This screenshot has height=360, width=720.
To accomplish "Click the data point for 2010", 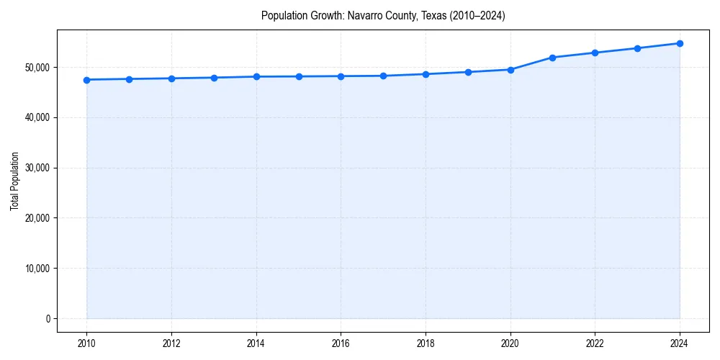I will click(86, 80).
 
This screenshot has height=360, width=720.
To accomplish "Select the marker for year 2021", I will click(552, 58).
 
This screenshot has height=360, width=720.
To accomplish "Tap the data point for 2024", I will click(680, 43).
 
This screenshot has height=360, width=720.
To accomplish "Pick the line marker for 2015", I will click(298, 76).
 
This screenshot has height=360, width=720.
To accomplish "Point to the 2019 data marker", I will click(468, 72).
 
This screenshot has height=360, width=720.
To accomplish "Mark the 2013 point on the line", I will click(214, 78).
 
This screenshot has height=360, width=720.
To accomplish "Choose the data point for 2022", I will click(595, 53).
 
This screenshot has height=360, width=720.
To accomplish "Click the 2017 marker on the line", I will click(383, 76).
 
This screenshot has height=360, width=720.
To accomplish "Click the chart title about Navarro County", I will click(383, 16).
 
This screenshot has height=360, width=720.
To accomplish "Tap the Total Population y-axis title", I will click(14, 181).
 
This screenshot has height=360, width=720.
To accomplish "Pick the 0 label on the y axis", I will click(48, 319).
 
